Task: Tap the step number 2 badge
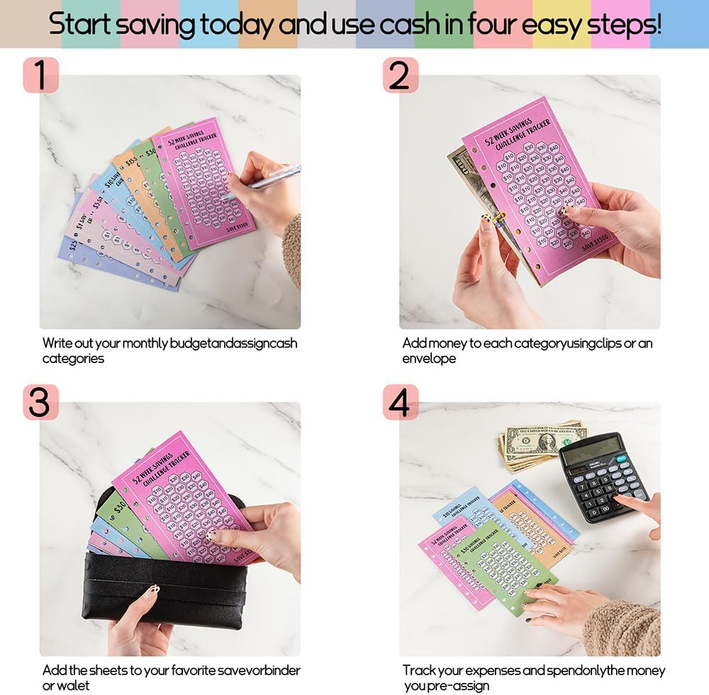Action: (x=401, y=75)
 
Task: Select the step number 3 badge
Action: (x=40, y=402)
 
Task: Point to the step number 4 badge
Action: (x=401, y=402)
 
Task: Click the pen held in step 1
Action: (x=272, y=179)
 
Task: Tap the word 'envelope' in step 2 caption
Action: (x=429, y=359)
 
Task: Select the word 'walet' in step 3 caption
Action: (x=72, y=685)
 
